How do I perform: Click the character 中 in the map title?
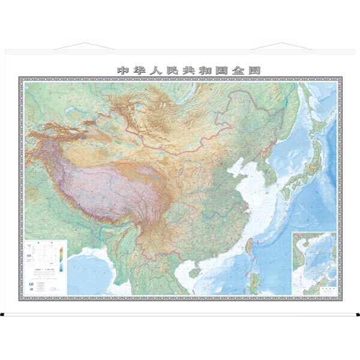click(x=122, y=70)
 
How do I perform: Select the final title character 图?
click(x=254, y=70)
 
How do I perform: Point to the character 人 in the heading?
click(x=154, y=70)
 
